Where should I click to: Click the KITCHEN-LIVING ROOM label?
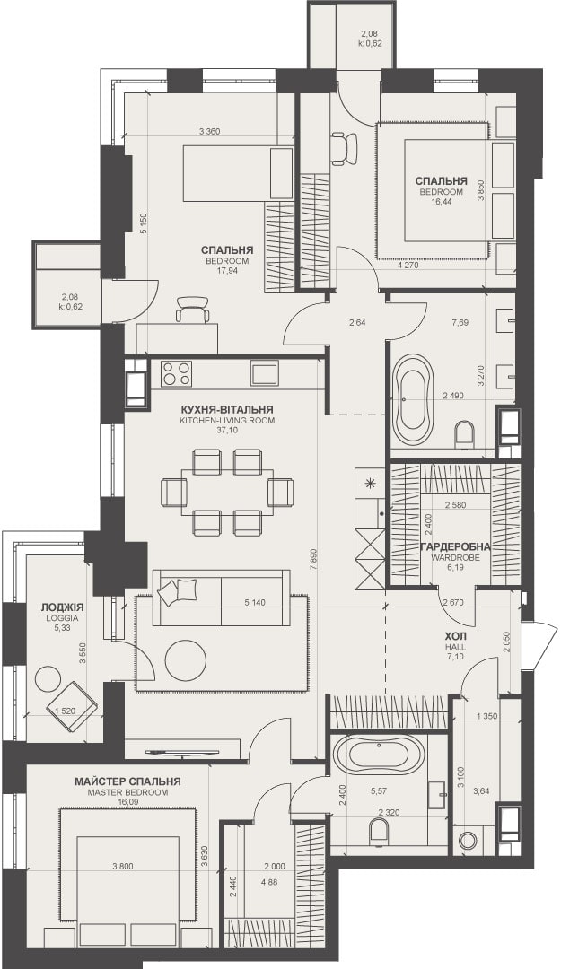tap(226, 420)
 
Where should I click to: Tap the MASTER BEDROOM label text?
tap(127, 792)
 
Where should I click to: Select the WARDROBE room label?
tap(455, 557)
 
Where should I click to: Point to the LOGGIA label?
tap(55, 618)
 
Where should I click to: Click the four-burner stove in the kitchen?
tap(176, 373)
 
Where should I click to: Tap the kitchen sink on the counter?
tap(265, 373)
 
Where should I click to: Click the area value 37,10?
tap(226, 430)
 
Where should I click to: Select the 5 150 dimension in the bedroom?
tap(143, 223)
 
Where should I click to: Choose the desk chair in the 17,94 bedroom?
tap(192, 310)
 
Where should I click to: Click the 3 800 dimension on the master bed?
tap(122, 866)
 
